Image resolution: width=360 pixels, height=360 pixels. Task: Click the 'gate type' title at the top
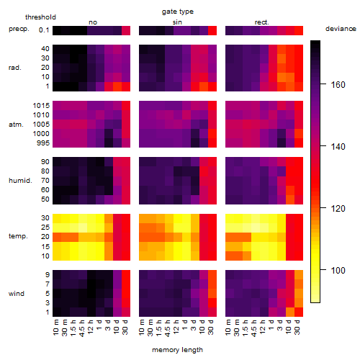pos(178,12)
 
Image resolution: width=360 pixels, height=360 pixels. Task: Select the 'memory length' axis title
pos(178,350)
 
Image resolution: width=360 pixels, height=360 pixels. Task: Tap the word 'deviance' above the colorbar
pos(341,29)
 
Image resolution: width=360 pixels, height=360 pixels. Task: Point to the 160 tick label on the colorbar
pos(338,84)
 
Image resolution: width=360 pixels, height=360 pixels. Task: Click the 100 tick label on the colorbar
pos(338,271)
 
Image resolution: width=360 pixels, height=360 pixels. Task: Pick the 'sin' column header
pos(177,22)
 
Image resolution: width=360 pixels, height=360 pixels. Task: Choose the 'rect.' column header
pos(262,22)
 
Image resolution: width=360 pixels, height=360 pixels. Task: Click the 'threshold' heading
pos(40,17)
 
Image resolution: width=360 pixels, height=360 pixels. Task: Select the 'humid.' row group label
pos(20,181)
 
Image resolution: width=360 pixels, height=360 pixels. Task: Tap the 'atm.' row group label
pos(16,125)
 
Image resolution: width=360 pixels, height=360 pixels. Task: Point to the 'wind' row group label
pos(17,294)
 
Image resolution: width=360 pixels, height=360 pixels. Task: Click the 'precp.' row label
pos(19,29)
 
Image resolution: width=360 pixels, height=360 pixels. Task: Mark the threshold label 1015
pos(41,106)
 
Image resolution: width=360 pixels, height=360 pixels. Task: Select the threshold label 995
pos(43,143)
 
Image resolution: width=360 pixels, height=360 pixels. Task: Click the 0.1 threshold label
pos(44,30)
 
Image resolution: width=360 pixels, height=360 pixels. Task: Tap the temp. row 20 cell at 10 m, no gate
pos(57,237)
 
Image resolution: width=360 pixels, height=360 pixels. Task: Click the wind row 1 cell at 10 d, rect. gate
pos(290,312)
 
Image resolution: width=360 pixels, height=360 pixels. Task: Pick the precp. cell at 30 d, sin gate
pos(212,30)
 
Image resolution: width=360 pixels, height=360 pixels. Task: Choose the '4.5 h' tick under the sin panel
pos(168,328)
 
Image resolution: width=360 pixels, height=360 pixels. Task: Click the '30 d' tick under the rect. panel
pos(297,328)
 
